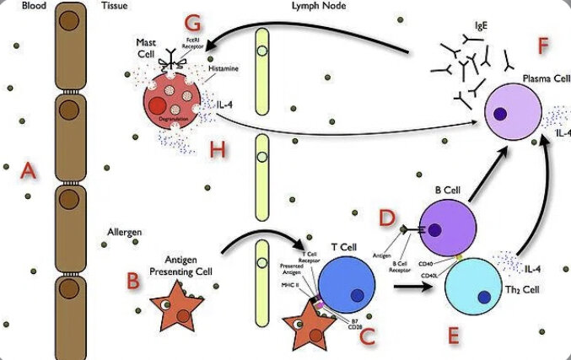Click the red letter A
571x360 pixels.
(x=30, y=172)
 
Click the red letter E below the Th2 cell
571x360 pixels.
(x=453, y=336)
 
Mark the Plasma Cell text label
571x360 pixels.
(x=542, y=77)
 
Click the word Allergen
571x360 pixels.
(x=123, y=231)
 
